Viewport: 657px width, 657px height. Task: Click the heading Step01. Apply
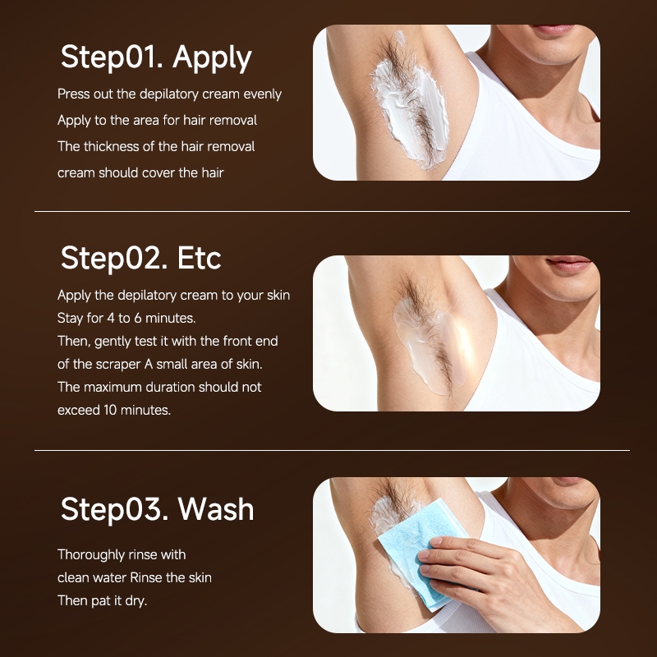tap(156, 57)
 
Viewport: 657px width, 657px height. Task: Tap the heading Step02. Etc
tap(140, 258)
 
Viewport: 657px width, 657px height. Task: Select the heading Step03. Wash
tap(157, 509)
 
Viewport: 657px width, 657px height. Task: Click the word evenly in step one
tap(262, 94)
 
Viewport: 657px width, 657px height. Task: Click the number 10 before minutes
tap(110, 410)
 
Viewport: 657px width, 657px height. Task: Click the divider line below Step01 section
tap(332, 212)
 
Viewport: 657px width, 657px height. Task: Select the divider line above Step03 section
tap(332, 450)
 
